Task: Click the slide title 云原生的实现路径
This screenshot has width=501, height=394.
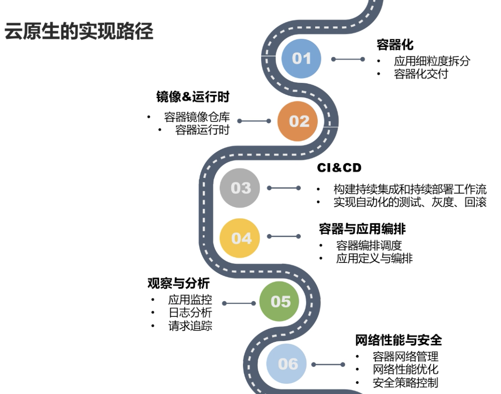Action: coord(79,32)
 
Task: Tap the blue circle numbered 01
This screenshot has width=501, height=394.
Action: coord(301,58)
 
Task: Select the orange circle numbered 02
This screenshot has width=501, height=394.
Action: coord(299,121)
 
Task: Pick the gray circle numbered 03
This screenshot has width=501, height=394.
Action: coord(241,188)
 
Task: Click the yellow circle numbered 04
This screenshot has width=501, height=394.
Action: coord(241,238)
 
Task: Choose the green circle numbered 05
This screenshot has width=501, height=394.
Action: coord(280,301)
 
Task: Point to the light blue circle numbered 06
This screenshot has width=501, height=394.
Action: coord(287,364)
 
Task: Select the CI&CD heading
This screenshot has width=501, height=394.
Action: coord(339,168)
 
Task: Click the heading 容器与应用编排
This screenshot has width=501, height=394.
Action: coord(362,229)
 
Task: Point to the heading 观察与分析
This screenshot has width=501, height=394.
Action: coord(178,283)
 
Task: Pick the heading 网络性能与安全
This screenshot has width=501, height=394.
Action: coord(398,340)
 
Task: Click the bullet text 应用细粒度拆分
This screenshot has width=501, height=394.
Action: coord(431,61)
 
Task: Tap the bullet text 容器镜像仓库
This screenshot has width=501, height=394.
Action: coord(197,117)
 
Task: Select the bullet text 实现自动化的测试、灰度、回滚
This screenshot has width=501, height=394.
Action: coord(410,202)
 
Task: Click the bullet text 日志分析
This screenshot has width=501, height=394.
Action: coord(190,313)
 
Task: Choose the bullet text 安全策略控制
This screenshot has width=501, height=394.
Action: coord(405,382)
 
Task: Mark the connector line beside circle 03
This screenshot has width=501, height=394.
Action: coord(284,188)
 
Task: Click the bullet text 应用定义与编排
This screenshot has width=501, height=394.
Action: coord(374,259)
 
